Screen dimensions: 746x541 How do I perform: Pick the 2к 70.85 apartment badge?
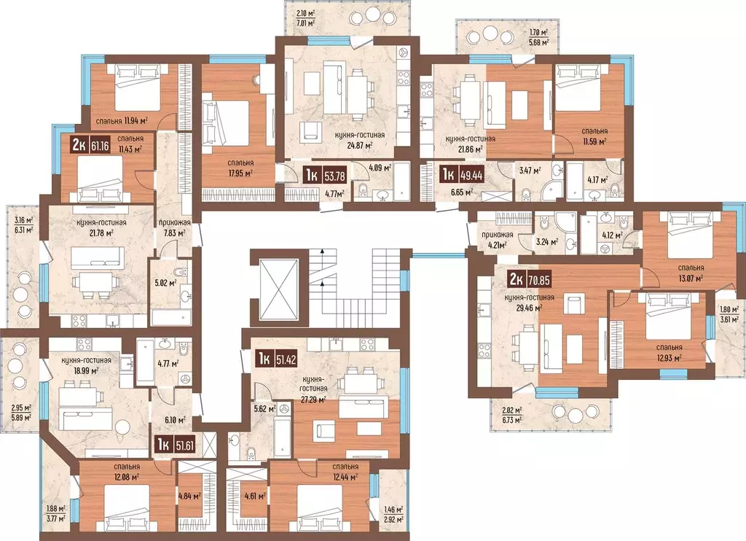(x=530, y=280)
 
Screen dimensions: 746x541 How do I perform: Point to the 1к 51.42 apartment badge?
(x=277, y=359)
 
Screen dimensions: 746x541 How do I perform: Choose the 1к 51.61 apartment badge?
(x=175, y=445)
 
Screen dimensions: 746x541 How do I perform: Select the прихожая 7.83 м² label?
(x=176, y=227)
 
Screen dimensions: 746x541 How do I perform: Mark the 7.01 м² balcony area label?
(x=305, y=23)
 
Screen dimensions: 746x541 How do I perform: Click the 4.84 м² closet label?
(x=189, y=496)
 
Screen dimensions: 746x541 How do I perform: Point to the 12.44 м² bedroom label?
(x=346, y=477)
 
